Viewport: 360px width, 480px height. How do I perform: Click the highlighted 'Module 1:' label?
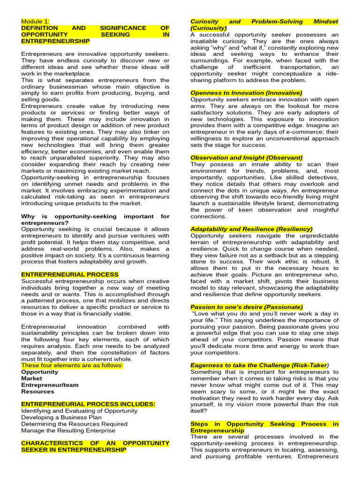coord(35,22)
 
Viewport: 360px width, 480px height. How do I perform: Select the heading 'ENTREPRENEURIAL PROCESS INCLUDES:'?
coord(88,404)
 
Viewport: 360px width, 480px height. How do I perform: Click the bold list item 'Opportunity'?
coord(40,372)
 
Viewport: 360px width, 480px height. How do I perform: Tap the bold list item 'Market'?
coord(31,378)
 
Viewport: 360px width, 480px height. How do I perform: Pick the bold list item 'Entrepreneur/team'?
coord(50,385)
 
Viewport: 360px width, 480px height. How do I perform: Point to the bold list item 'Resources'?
coord(37,391)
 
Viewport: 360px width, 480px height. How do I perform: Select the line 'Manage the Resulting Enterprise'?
coord(68,430)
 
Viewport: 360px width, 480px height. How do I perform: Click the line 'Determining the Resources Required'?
coord(74,424)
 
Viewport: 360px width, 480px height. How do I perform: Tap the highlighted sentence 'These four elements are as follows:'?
coord(72,365)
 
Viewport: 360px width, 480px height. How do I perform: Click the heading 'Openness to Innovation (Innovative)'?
coord(246,93)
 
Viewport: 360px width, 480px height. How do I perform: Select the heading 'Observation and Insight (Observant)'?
coord(246,158)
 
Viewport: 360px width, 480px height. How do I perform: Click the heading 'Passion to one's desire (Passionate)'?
coord(247,307)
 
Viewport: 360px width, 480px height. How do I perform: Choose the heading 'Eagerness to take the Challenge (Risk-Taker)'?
coord(259,365)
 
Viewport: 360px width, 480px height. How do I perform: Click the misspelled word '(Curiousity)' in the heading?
coord(209,28)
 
